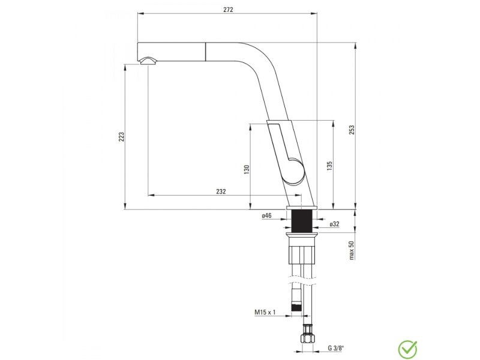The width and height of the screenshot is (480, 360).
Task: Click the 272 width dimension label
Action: coord(228,10)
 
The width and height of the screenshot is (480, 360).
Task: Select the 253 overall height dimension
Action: coord(352,130)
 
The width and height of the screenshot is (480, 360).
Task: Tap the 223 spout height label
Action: coord(122,137)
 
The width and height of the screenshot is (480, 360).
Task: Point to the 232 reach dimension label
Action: coord(221,191)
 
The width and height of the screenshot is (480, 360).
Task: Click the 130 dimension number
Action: coord(247,170)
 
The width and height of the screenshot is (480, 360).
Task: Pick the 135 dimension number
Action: coord(329,166)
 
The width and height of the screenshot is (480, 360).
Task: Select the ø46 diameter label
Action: coord(266,215)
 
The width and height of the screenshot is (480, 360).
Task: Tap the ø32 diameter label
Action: coord(335,224)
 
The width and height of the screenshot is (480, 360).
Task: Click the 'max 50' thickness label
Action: coord(352,250)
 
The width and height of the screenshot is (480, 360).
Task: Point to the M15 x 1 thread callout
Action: coord(265,312)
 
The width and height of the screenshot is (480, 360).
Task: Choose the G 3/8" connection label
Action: coord(336,348)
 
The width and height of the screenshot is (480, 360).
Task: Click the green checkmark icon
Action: coord(407,350)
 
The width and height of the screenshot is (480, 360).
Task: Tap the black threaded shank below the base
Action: coord(302,221)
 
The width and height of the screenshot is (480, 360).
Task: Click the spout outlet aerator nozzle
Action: coord(148,61)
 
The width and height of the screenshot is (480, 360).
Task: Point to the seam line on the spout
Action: coord(205,52)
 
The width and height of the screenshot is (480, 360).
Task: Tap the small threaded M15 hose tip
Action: coord(296,307)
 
